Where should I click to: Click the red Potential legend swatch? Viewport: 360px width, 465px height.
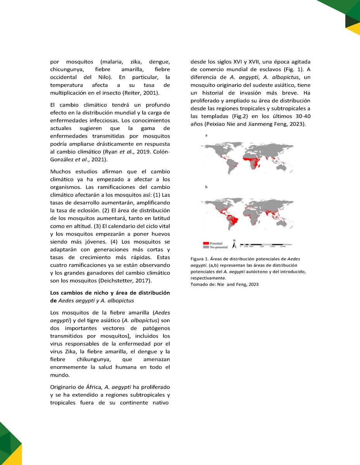tap(206, 243)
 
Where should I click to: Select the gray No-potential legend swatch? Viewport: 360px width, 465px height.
tap(206, 247)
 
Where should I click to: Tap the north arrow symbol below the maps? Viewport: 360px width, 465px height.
tap(234, 245)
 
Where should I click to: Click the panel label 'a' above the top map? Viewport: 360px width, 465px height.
tap(206, 135)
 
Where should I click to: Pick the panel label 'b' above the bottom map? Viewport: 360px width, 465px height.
tap(206, 187)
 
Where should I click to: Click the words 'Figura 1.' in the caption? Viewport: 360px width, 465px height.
tap(200, 259)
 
